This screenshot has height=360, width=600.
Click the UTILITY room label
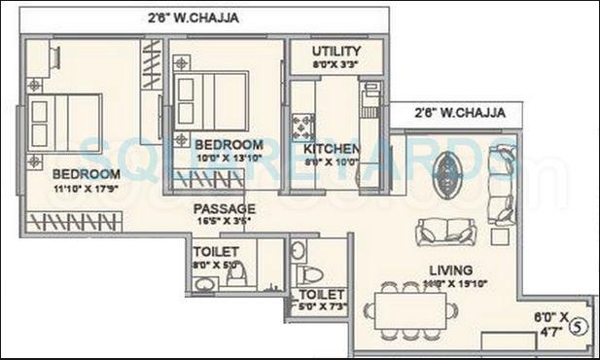tap(336, 52)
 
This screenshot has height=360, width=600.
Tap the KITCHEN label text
tap(332, 149)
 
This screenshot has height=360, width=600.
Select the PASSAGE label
tap(224, 209)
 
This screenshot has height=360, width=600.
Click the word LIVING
tap(452, 270)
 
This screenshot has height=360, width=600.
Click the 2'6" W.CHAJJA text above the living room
tap(460, 113)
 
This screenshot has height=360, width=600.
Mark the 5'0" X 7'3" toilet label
tap(322, 301)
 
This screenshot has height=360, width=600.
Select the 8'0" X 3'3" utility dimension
tap(336, 65)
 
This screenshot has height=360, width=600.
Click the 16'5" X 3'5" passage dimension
tap(224, 222)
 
